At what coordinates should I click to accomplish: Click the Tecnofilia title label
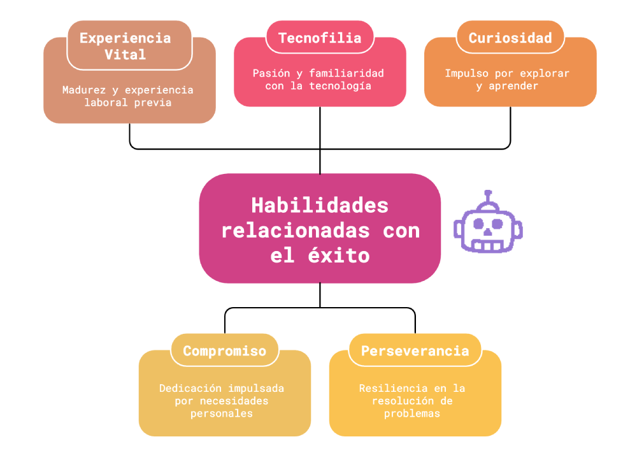320,38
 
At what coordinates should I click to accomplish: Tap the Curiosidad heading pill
510,38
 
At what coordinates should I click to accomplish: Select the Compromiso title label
224,350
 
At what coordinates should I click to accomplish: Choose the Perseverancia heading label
415,350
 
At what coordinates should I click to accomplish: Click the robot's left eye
477,224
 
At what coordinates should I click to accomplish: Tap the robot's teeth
489,245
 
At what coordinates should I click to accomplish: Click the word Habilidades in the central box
320,205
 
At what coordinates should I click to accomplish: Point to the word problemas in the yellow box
412,413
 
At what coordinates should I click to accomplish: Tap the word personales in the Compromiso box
222,413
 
